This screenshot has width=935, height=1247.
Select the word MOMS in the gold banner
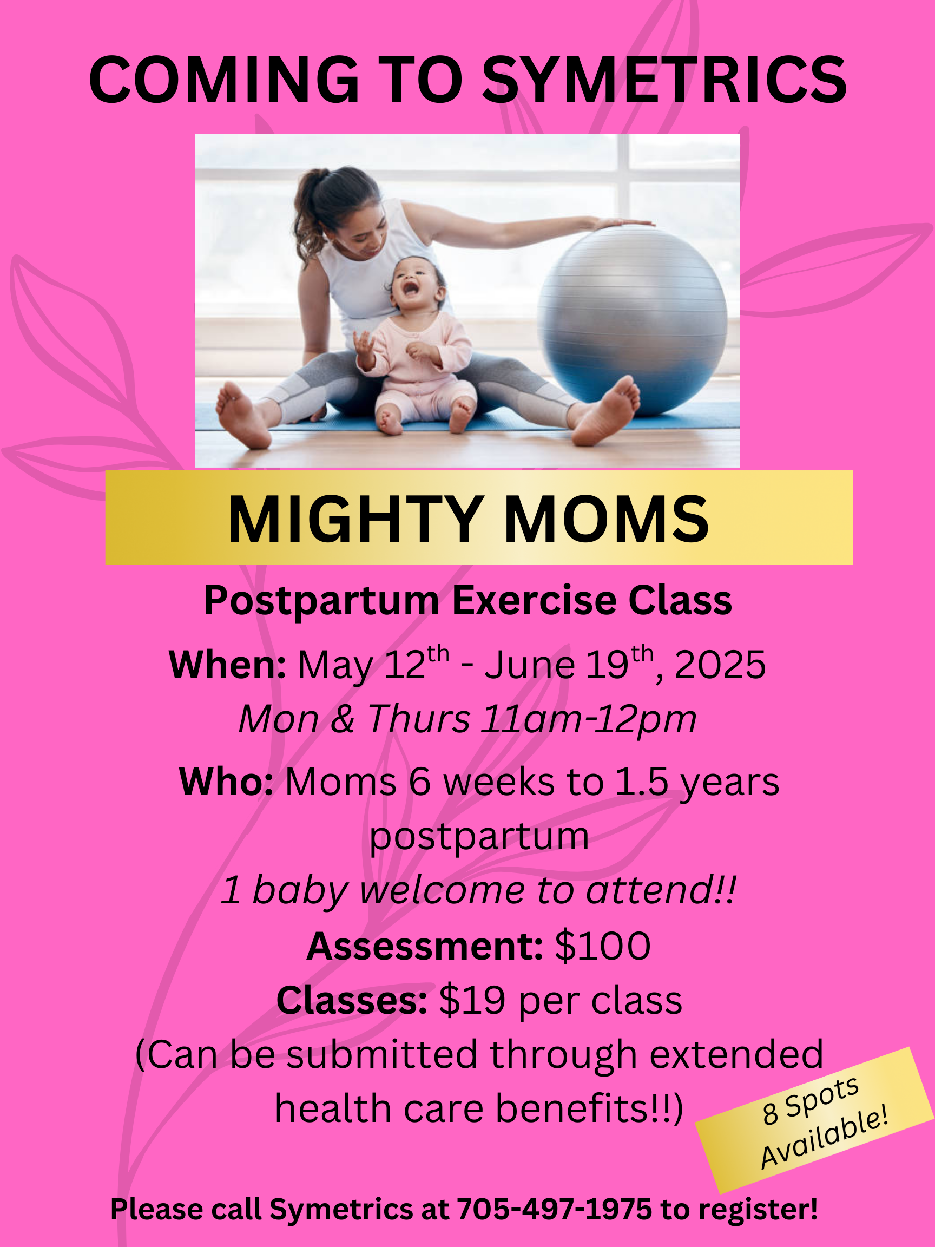607,519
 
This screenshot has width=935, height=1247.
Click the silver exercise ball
632,321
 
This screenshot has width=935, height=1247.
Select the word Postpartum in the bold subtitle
321,601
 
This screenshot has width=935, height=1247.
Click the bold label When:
228,665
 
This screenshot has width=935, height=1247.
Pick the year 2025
720,665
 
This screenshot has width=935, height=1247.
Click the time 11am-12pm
588,720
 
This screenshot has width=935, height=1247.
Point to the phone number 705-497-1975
554,1209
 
